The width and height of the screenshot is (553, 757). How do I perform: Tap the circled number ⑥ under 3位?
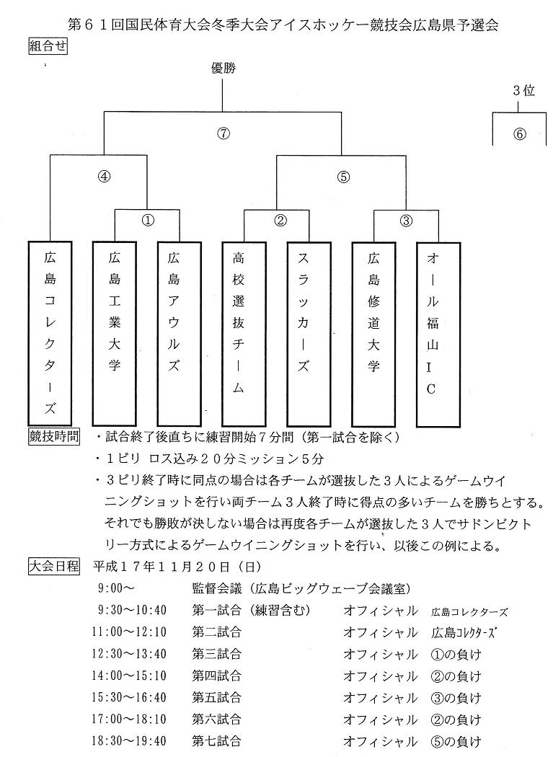pos(520,134)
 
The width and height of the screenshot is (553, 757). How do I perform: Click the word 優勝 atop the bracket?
pos(224,68)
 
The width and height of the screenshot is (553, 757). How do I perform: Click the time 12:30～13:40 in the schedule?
pos(133,654)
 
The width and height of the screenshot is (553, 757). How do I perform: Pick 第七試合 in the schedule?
pos(216,740)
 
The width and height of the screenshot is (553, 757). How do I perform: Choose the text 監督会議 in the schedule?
pos(216,589)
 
